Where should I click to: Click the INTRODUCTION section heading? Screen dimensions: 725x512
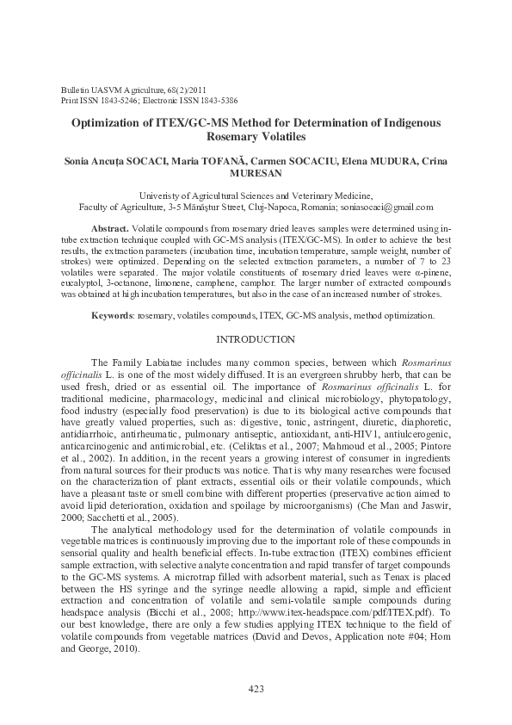pyautogui.click(x=256, y=340)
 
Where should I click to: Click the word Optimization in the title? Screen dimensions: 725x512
pyautogui.click(x=111, y=122)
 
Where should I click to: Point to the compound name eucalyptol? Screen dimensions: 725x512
pyautogui.click(x=83, y=283)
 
